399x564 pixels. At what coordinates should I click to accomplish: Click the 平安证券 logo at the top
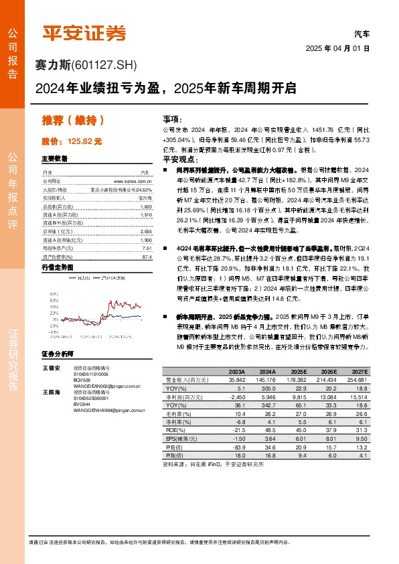84,32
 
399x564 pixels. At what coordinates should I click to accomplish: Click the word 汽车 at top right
362,33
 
